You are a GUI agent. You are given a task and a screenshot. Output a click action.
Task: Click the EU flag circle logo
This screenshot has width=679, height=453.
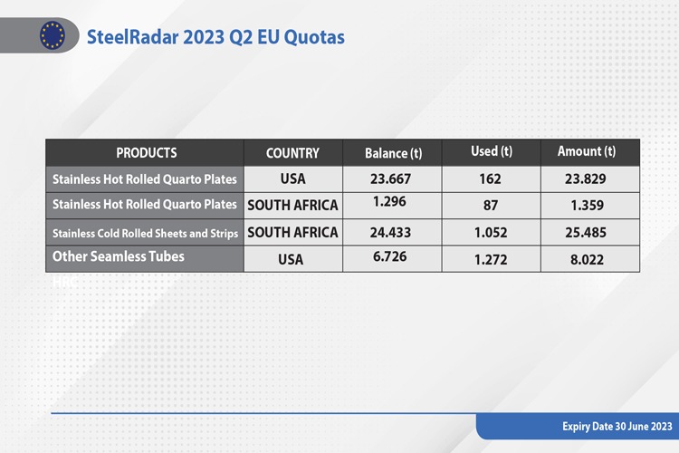coord(53,35)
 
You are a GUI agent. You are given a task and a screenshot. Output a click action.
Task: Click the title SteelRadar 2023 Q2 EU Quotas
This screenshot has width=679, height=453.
coord(215,37)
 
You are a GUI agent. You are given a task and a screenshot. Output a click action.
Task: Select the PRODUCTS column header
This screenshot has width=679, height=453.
coord(147,153)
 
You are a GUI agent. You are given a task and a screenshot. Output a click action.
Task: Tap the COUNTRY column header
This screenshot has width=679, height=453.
coord(292,153)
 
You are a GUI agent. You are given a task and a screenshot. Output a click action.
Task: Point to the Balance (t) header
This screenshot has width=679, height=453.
coord(393,153)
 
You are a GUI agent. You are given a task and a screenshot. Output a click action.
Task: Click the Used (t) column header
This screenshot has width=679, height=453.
coord(492,151)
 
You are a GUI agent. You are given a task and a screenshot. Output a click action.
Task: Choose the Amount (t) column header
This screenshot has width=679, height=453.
coord(587,151)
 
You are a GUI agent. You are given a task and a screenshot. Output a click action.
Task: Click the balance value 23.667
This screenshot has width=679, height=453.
coord(390,178)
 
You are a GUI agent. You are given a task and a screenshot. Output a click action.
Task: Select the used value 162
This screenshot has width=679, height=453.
coord(490,179)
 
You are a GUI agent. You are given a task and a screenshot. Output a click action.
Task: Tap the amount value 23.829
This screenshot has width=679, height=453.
coord(586,178)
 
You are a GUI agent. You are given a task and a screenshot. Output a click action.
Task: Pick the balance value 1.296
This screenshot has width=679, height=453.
coord(389,201)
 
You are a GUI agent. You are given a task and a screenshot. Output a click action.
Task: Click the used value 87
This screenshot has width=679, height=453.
coord(491,205)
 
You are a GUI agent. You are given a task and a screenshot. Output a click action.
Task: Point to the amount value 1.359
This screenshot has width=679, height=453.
coord(588,205)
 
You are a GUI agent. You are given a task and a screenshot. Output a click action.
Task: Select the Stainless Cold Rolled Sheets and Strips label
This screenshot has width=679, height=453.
coord(145,233)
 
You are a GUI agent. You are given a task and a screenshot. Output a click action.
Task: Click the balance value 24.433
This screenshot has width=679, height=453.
coord(390,232)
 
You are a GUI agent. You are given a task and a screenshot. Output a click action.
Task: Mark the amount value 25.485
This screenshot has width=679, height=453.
coord(586,232)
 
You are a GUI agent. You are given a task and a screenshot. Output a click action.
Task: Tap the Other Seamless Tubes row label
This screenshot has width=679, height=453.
coord(119,256)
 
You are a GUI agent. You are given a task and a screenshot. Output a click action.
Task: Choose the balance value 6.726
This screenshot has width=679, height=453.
coord(389,256)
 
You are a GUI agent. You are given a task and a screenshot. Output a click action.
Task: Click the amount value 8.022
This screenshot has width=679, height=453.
coord(587,260)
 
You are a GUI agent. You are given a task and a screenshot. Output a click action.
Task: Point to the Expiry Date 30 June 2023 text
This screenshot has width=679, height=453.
coord(617,427)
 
